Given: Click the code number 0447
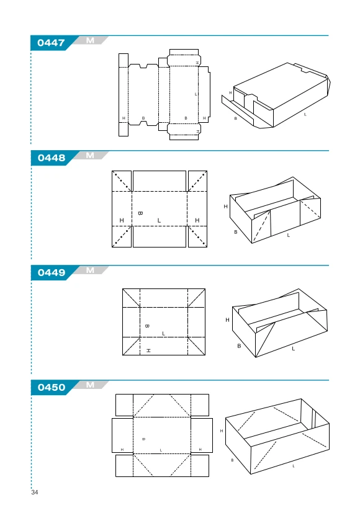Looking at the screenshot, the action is tap(51, 43).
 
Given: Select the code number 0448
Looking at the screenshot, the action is tap(52, 158).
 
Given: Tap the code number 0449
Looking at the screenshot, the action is tap(52, 273).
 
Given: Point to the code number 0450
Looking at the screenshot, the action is tap(52, 388).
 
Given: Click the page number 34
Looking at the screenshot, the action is tap(35, 492).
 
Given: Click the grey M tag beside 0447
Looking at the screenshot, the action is tap(91, 40).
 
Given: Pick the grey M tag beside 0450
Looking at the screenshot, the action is tap(91, 385).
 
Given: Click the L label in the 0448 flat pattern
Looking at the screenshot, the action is tap(159, 220).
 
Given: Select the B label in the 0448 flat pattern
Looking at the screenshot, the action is tap(140, 213).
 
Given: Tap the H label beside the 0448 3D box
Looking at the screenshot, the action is tap(225, 207).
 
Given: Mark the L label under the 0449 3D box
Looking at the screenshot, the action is tap(293, 349).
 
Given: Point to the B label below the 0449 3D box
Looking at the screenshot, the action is tap(239, 346).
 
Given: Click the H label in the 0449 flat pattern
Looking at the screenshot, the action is tap(148, 350).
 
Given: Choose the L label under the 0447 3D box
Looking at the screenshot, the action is tap(305, 115).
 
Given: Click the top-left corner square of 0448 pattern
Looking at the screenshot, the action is tap(122, 181).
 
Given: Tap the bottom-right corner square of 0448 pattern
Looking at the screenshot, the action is tap(197, 236).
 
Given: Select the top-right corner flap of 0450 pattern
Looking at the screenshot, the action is tap(200, 405).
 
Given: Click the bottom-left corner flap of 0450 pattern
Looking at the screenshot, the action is tap(124, 466).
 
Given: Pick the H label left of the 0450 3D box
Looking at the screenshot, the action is tap(222, 431).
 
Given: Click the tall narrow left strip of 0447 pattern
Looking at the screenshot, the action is tap(124, 95).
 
